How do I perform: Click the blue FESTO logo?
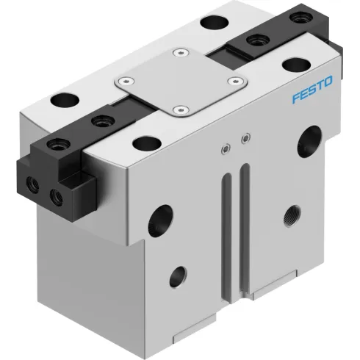point(312,96)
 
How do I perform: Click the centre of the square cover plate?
point(180,82)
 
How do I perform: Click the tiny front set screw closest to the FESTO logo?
point(245,136)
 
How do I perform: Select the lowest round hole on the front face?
point(178,277)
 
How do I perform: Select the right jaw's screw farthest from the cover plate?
point(300,19)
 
